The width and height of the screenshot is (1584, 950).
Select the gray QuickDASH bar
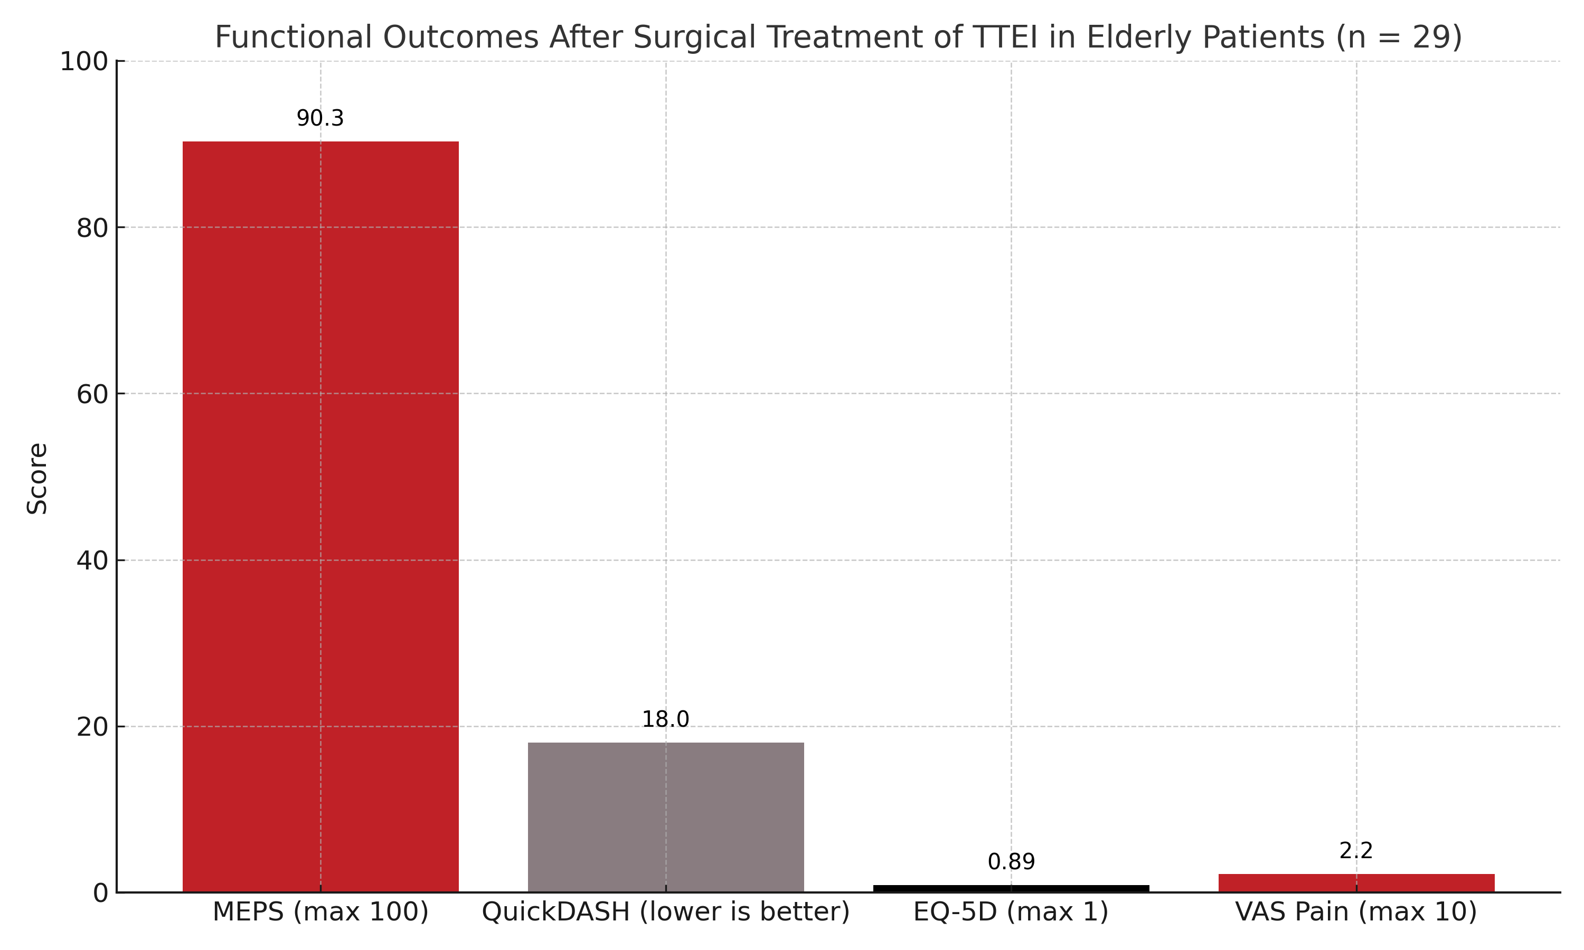(x=665, y=817)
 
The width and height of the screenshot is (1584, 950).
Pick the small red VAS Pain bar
(x=1356, y=883)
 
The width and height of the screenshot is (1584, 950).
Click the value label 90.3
(x=320, y=118)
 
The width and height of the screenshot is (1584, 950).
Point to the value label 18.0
(x=665, y=719)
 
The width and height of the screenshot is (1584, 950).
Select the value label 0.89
(x=1011, y=862)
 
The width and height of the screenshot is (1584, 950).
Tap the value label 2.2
(x=1356, y=851)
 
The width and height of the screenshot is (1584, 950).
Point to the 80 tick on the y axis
(x=91, y=228)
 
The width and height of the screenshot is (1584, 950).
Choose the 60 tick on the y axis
(x=91, y=394)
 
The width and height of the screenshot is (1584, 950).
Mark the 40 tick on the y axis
(x=91, y=561)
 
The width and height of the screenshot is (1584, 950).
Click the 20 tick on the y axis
(x=91, y=727)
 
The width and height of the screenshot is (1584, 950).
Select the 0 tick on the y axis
(x=100, y=893)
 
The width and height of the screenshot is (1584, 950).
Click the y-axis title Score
(x=37, y=478)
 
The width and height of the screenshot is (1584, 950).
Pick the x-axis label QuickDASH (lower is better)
(x=665, y=911)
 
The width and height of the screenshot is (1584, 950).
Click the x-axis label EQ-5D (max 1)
(x=1011, y=911)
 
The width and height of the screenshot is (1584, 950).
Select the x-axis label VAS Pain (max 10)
(x=1356, y=911)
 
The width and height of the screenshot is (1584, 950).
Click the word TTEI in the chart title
(x=1006, y=37)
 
